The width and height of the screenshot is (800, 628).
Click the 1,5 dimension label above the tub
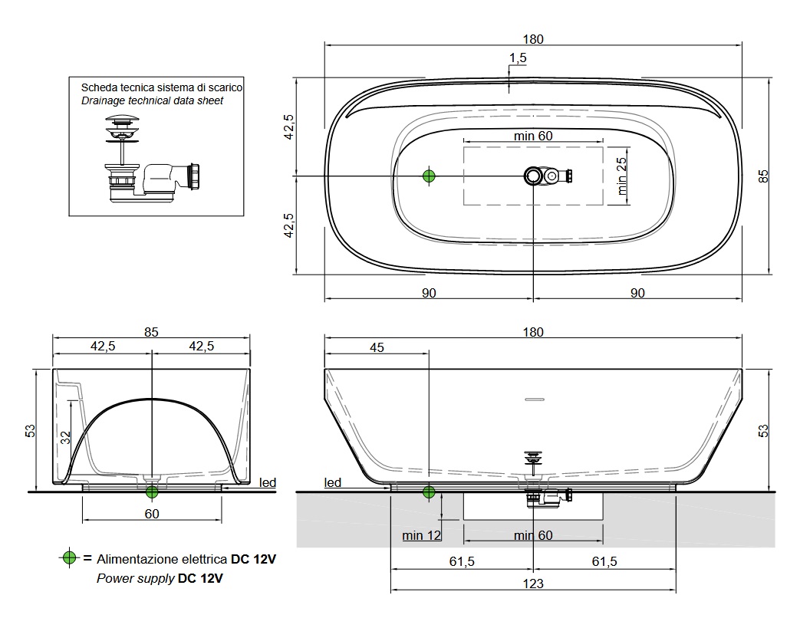point(518,58)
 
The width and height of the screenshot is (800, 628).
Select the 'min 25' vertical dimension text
point(621,176)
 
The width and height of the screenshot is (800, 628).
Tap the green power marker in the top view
point(429,176)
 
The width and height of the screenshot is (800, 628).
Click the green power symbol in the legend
point(69,557)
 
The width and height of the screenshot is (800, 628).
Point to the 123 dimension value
point(533,584)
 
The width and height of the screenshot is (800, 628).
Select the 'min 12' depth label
point(421,535)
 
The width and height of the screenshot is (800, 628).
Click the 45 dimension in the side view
point(377,347)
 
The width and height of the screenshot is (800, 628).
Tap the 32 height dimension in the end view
point(65,437)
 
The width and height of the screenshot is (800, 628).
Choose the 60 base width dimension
point(152,514)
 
